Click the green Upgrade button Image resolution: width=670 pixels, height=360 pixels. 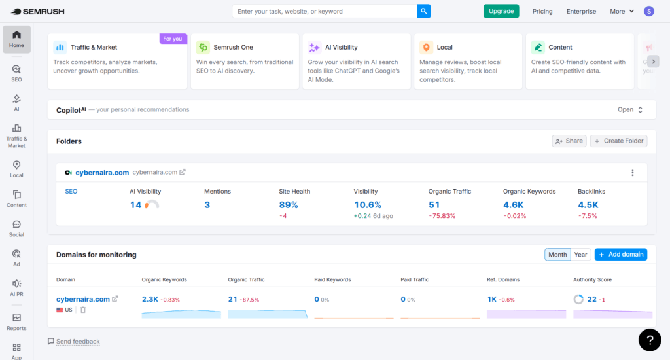click(x=501, y=11)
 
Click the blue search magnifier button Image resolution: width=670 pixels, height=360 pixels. click(x=425, y=11)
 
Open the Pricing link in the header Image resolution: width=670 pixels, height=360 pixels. click(x=542, y=11)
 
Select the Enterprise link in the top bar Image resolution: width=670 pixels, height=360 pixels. click(x=581, y=11)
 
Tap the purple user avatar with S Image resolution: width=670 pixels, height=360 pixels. click(x=648, y=11)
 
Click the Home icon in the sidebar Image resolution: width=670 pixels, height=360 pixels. click(x=16, y=39)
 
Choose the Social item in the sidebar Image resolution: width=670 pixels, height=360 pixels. click(x=16, y=228)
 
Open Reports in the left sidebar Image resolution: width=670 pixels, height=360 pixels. click(x=16, y=322)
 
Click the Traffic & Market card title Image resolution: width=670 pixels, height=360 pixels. click(x=94, y=47)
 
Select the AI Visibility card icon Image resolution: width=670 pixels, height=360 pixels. click(x=314, y=47)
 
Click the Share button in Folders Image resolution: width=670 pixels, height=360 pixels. click(x=568, y=141)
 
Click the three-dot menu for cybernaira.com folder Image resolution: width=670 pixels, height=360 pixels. click(x=632, y=173)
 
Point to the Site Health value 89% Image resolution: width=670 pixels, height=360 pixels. click(x=289, y=205)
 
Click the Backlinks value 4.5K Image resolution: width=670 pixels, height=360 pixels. click(x=588, y=205)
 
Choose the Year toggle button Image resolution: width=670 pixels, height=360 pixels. click(x=580, y=255)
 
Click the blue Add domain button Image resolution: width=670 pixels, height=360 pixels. click(x=620, y=254)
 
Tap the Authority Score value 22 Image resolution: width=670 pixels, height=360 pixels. click(x=591, y=299)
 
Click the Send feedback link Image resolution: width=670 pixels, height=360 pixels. click(x=77, y=342)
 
